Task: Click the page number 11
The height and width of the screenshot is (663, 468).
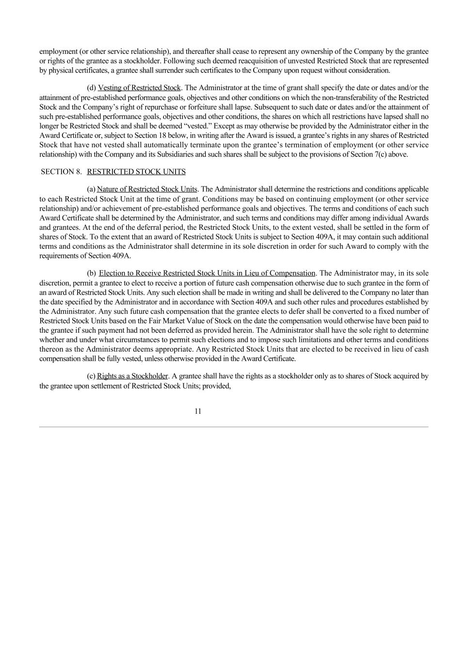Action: click(x=198, y=411)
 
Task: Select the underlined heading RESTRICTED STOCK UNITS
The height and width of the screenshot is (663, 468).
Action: click(x=136, y=172)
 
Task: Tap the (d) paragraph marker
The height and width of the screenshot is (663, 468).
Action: click(x=91, y=88)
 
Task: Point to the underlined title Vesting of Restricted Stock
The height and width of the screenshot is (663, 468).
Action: click(x=139, y=88)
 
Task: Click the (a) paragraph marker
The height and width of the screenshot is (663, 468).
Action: click(x=91, y=189)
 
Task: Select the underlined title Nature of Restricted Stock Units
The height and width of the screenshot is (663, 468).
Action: click(x=147, y=189)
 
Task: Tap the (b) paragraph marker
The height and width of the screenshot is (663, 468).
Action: click(x=91, y=273)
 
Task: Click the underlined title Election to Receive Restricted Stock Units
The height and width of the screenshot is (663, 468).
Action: click(x=207, y=273)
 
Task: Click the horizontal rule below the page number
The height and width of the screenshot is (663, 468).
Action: click(x=234, y=427)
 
